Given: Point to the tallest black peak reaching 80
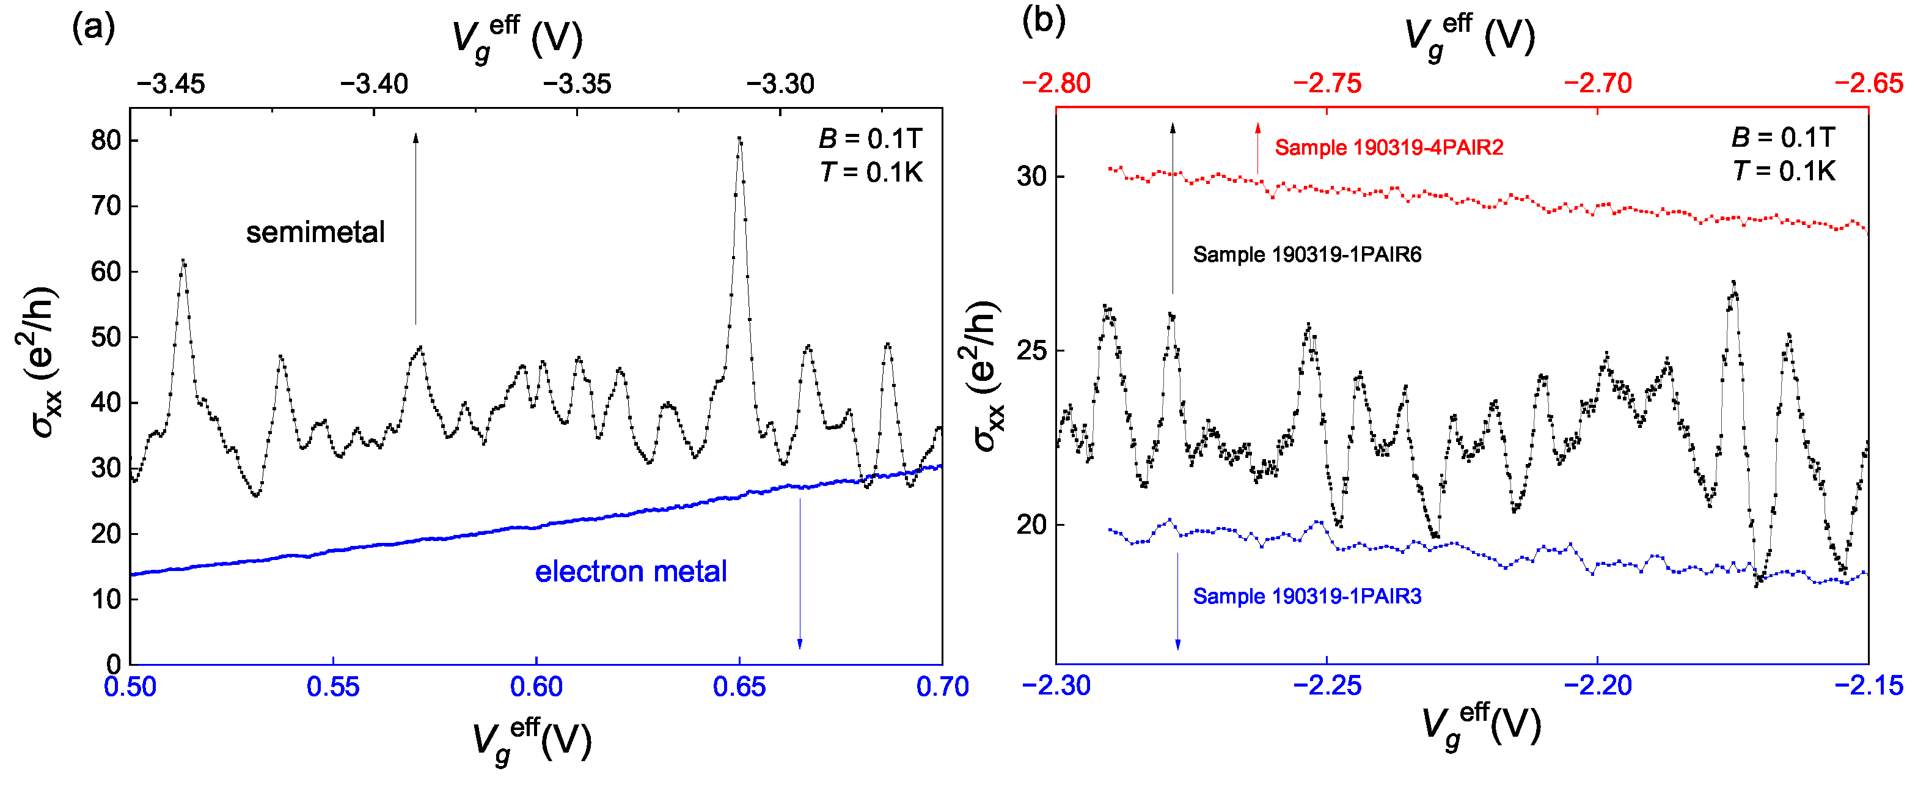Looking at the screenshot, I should tap(739, 140).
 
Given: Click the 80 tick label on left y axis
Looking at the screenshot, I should tap(105, 140).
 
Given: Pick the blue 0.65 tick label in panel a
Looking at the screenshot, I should tap(739, 687).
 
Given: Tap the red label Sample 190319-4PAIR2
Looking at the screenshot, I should tap(1389, 147).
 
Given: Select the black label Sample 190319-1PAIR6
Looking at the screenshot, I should tap(1307, 255).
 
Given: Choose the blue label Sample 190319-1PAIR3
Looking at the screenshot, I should tap(1307, 597).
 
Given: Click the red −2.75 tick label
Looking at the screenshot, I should tap(1327, 83).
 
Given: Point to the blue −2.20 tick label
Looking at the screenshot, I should tap(1597, 685).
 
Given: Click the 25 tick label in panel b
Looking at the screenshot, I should tap(1031, 351).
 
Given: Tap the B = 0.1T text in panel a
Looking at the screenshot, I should tap(869, 139).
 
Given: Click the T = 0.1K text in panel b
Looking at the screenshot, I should tap(1783, 171).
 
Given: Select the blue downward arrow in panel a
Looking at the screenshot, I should tap(800, 573).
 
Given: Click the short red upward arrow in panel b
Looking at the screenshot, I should tap(1257, 149).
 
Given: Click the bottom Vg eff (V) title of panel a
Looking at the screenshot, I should tap(532, 740).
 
